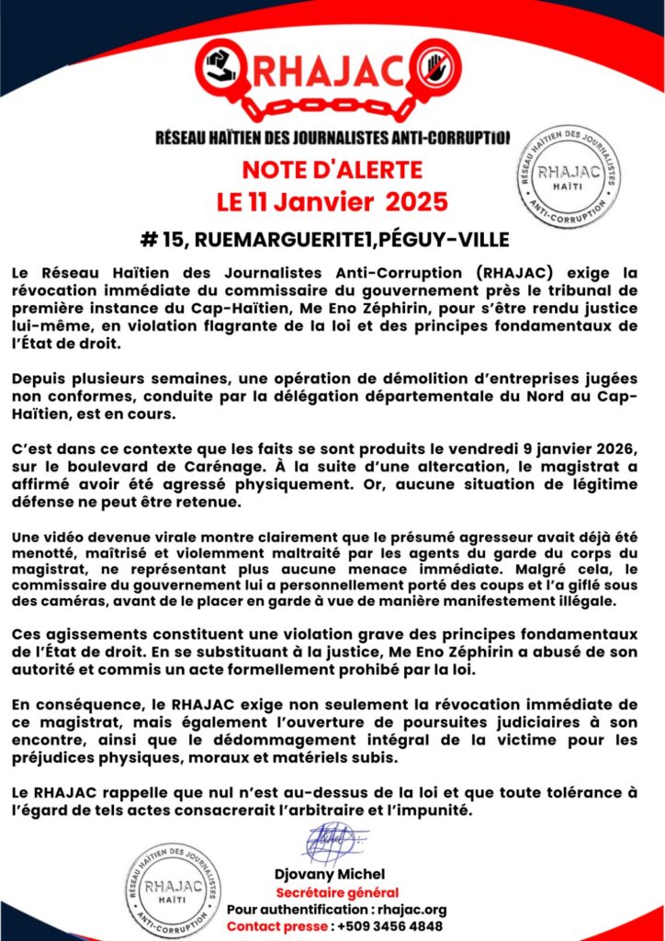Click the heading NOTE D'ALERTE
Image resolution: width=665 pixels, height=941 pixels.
pos(332,170)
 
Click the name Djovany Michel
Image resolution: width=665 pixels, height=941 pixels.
pos(336,874)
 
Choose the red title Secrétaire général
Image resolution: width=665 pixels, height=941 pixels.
pos(337,892)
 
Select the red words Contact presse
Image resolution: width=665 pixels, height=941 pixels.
pos(277,926)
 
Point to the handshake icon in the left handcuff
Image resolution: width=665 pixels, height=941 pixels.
pos(221,66)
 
